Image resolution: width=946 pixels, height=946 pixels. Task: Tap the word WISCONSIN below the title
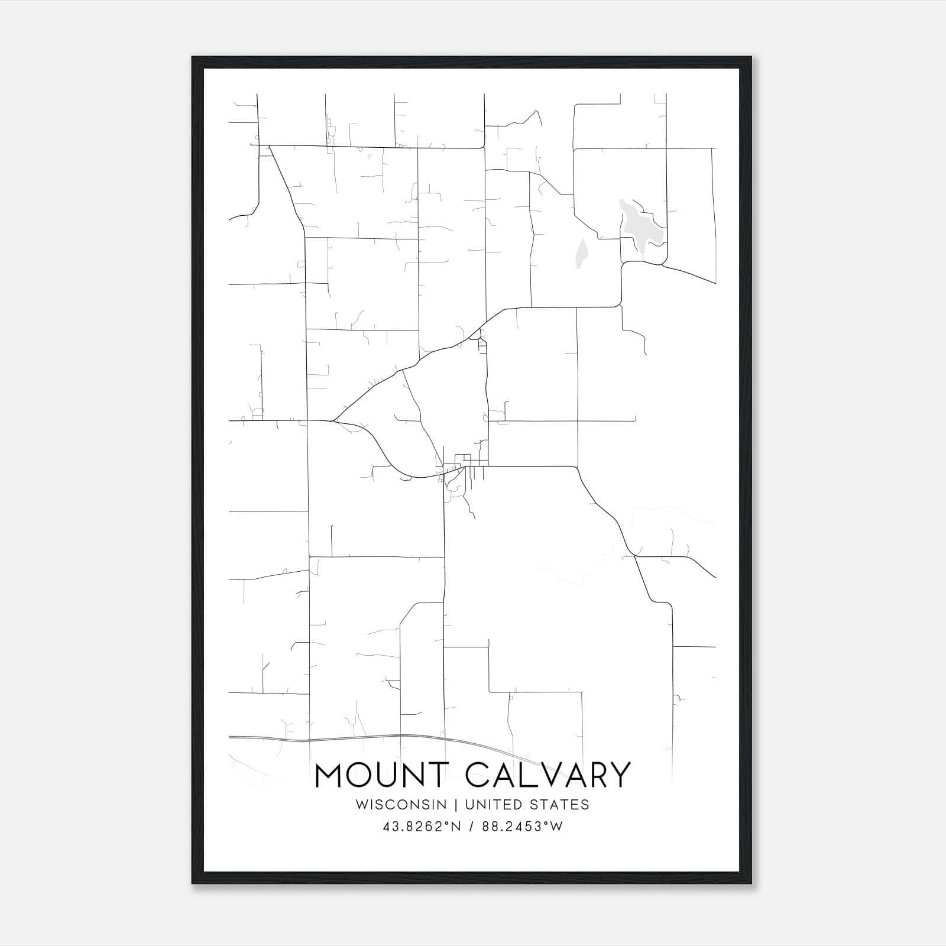pyautogui.click(x=401, y=805)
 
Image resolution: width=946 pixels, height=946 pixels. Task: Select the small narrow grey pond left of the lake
pyautogui.click(x=582, y=253)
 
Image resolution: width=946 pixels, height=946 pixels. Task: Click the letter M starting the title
pyautogui.click(x=329, y=775)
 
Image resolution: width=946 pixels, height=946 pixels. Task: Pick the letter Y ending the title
pyautogui.click(x=620, y=775)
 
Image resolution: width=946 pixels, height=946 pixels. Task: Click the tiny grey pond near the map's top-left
pyautogui.click(x=369, y=157)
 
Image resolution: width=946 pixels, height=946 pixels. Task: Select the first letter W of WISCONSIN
pyautogui.click(x=362, y=805)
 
